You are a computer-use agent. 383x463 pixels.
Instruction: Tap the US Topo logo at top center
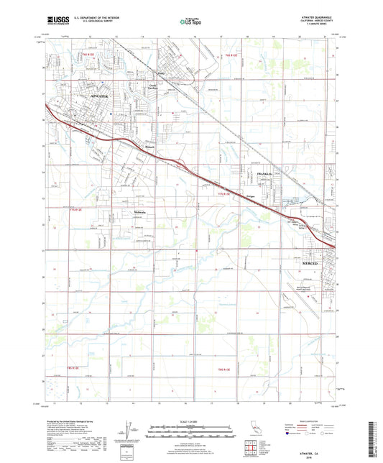point(189,22)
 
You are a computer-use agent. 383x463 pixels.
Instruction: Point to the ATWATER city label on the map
point(103,94)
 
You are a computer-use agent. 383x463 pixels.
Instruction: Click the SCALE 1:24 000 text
point(190,421)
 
